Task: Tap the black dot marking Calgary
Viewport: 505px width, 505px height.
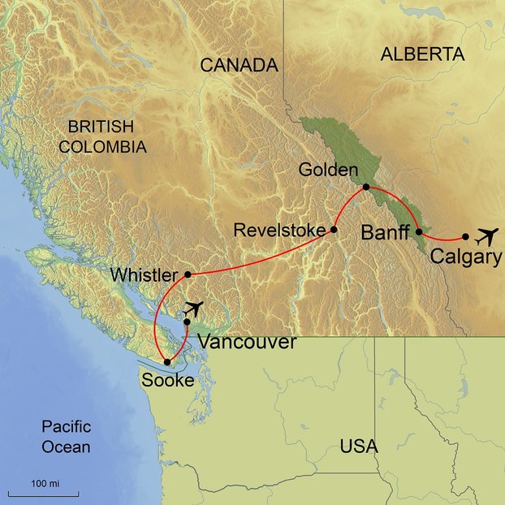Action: coord(465,237)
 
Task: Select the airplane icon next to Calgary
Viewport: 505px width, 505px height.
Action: coord(486,237)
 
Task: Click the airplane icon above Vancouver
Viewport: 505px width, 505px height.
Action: coord(193,308)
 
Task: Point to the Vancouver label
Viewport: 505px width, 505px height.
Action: coord(247,343)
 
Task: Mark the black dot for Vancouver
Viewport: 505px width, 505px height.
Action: coord(187,322)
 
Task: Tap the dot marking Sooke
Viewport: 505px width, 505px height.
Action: coord(167,362)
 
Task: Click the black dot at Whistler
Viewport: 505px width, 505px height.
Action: coord(188,274)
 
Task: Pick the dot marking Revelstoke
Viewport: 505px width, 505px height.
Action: coord(334,230)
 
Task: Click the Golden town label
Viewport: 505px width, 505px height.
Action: coord(327,170)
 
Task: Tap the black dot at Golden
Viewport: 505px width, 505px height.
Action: coord(365,187)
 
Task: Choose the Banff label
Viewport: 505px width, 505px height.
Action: coord(385,233)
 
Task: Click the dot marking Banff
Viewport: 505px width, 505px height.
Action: coord(418,231)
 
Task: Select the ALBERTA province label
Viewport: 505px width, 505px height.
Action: coord(421,55)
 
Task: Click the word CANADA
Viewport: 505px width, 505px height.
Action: coord(239,66)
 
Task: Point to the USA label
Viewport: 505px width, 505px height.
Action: coord(359,447)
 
